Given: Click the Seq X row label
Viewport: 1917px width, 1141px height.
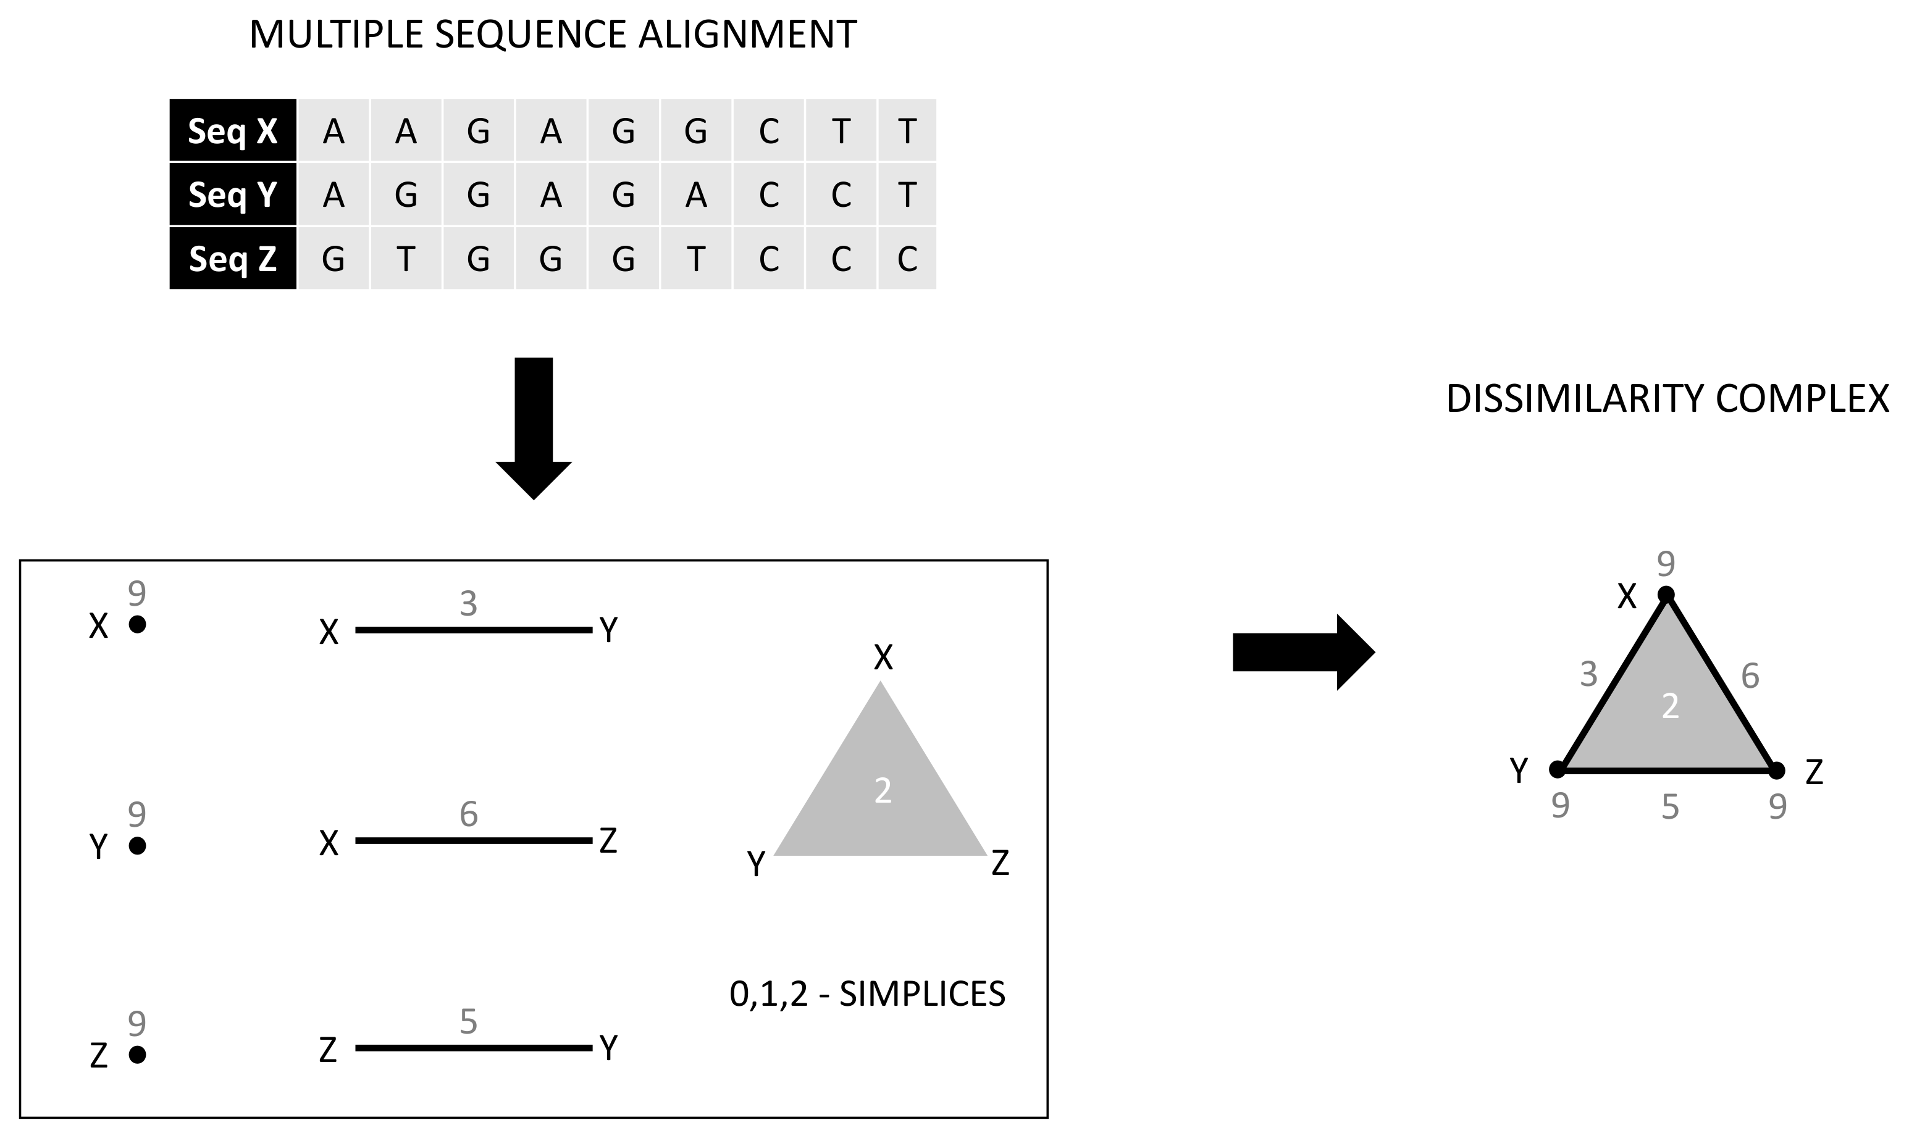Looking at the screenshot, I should click(x=232, y=131).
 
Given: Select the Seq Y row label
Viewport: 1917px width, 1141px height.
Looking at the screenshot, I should click(x=232, y=194).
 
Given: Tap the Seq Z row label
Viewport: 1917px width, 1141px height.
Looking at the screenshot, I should click(x=232, y=258).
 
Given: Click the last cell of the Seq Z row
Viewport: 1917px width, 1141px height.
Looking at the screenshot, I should click(x=907, y=258).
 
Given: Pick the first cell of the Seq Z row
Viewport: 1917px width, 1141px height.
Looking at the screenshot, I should click(x=333, y=258).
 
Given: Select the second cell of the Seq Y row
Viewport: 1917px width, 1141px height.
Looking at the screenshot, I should click(x=405, y=194).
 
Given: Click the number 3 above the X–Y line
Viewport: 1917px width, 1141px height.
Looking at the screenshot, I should click(x=468, y=604).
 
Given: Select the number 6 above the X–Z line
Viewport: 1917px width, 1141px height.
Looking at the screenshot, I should click(x=468, y=814).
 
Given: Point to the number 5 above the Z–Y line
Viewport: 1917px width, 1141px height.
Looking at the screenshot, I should click(x=468, y=1022).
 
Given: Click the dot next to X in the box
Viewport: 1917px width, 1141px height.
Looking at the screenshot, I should click(x=137, y=624).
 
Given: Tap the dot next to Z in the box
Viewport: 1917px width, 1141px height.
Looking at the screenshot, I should click(x=137, y=1055).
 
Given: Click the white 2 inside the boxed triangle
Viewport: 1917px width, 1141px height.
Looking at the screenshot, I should click(x=883, y=791).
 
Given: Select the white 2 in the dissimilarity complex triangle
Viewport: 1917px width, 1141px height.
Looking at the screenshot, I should click(x=1669, y=706).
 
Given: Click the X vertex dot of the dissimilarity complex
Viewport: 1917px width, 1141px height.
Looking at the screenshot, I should click(x=1666, y=595).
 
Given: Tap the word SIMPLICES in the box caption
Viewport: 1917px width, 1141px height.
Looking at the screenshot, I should click(x=922, y=994).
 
